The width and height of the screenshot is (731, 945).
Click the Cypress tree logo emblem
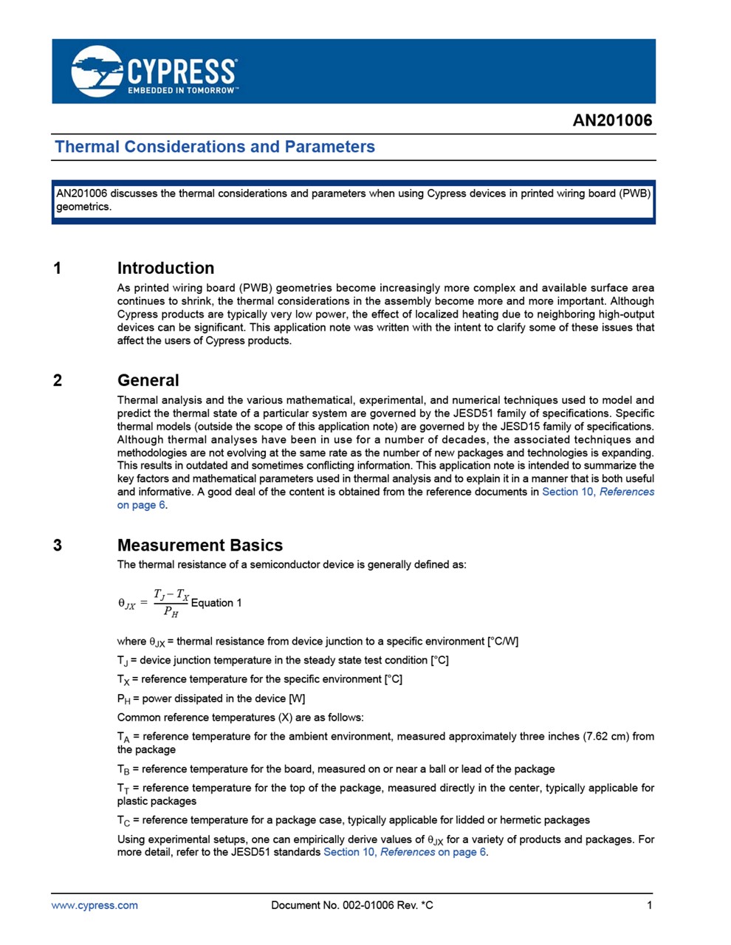97,71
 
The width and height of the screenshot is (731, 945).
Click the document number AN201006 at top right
612,120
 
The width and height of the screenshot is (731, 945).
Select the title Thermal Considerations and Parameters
215,147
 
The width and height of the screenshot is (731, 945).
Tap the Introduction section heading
165,268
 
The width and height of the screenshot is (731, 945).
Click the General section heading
148,380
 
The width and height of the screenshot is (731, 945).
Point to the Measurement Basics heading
199,545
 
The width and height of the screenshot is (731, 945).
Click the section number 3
58,546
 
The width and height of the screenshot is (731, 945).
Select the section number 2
58,381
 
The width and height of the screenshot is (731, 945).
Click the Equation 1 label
216,603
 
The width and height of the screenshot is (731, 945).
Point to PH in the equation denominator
171,612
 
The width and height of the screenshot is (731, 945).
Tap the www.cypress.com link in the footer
95,905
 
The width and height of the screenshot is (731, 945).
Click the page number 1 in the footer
650,905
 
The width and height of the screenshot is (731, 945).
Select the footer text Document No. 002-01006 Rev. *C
352,905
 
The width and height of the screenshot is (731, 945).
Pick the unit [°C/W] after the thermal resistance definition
503,642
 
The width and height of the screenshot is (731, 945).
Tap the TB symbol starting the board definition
123,769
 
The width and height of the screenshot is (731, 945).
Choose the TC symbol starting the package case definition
123,820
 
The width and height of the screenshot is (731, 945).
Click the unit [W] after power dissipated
297,698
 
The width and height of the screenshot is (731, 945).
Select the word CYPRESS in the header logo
182,72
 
